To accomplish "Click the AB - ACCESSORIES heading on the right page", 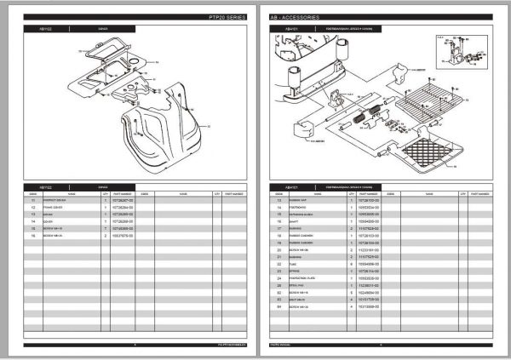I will click(296, 17).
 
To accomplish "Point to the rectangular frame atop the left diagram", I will click(104, 53).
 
